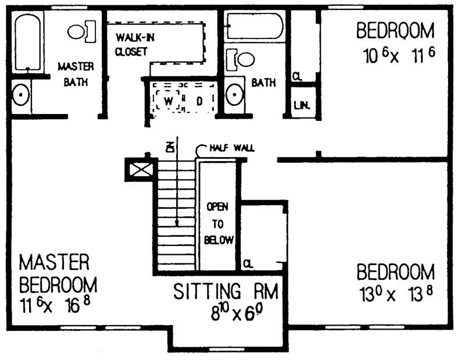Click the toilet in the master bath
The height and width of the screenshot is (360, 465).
81,31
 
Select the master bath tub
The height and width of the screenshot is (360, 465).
27,42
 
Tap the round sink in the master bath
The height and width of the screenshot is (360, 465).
22,95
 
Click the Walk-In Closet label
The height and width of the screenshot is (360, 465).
131,44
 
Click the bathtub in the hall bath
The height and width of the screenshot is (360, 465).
255,26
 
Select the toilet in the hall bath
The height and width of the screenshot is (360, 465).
242,59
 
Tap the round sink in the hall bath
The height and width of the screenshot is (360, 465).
235,94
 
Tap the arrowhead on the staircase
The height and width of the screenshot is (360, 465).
177,222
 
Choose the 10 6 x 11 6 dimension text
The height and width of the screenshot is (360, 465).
399,56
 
